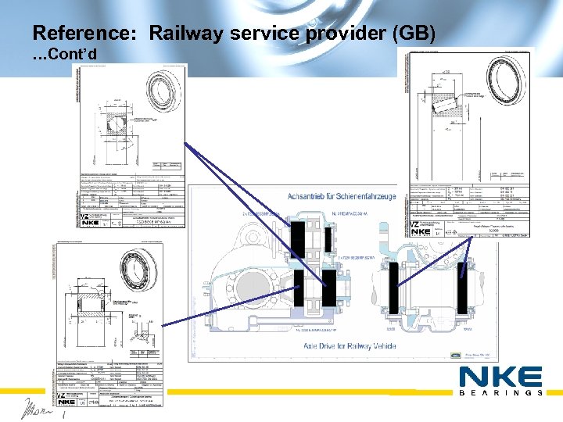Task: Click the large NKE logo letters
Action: (x=500, y=377)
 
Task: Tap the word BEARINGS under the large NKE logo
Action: (x=500, y=393)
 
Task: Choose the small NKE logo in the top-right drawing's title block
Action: (x=421, y=230)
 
